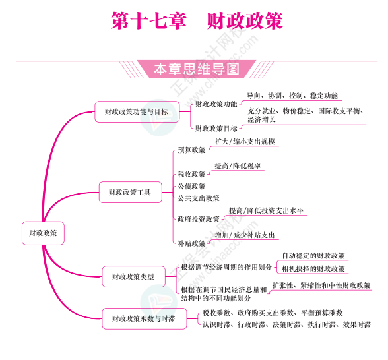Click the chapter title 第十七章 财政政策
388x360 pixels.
tap(197, 21)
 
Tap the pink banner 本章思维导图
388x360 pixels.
tap(197, 69)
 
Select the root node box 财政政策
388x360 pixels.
tap(43, 233)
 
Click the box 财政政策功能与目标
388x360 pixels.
tap(137, 112)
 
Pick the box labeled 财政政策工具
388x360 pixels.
tap(131, 192)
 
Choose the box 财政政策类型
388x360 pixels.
tap(133, 276)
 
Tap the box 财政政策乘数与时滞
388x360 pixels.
tap(145, 318)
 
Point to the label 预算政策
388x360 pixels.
tap(191, 150)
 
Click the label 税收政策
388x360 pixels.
tap(191, 174)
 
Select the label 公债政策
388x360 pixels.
tap(191, 186)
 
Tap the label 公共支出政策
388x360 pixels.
tap(199, 198)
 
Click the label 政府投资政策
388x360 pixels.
tap(199, 219)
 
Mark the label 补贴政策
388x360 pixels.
tap(191, 243)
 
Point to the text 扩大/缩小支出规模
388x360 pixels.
tap(245, 142)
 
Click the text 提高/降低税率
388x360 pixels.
tap(238, 166)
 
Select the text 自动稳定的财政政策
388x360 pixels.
tap(313, 256)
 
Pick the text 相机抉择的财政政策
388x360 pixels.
tap(313, 269)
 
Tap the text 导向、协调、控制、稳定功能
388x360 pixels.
tap(292, 96)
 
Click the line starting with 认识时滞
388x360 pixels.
tap(286, 324)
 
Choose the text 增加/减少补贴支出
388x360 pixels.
tap(245, 235)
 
